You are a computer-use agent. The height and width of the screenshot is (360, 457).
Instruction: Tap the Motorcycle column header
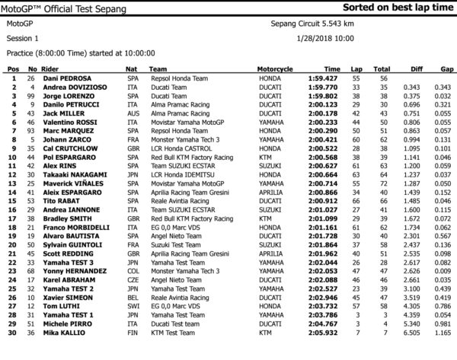(274, 68)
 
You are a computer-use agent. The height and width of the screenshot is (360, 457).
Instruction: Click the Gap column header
(445, 68)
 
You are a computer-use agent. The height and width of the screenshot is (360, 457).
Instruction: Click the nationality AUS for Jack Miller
(131, 110)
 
